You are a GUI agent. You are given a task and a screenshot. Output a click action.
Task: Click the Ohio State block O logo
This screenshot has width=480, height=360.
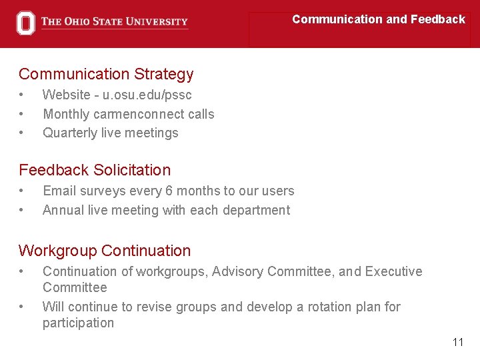click(25, 23)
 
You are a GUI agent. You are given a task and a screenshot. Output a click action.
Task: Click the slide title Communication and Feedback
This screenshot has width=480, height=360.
click(378, 19)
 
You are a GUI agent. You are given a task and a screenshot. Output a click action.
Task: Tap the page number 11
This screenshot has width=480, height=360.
click(457, 342)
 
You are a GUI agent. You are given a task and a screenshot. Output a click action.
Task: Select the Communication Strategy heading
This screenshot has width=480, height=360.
click(106, 74)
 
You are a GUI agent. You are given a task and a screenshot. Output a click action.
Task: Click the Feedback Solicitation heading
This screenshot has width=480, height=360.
click(95, 170)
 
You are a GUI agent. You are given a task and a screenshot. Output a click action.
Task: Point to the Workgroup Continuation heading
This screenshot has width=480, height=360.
click(105, 251)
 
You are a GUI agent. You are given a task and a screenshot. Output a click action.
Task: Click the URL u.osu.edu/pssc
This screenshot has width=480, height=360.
click(147, 95)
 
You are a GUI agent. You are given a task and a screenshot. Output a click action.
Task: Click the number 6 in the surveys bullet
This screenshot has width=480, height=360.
click(170, 191)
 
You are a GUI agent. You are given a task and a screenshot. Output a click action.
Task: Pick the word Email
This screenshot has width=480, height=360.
click(59, 191)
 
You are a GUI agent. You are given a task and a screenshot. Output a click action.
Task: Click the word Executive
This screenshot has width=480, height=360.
click(394, 271)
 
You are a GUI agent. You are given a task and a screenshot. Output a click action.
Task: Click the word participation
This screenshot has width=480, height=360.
click(78, 323)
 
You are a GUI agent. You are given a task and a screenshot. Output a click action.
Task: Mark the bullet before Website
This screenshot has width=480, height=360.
click(22, 95)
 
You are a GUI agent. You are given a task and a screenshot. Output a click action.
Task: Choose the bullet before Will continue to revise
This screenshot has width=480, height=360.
click(22, 307)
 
